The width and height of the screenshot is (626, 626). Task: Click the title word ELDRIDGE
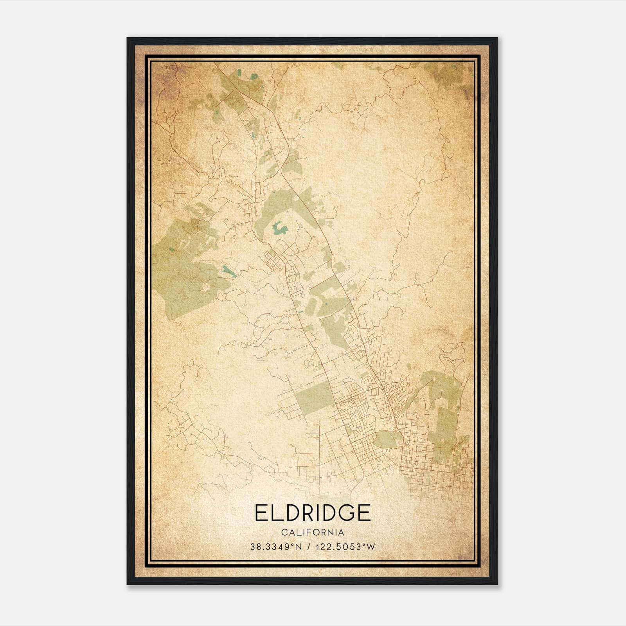313,513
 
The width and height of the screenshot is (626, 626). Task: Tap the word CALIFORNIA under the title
313,532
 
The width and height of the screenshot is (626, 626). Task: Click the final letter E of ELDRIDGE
364,513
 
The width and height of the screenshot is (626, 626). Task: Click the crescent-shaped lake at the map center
279,228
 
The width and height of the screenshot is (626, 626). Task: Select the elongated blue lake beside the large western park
229,271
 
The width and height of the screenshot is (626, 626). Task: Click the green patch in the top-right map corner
454,78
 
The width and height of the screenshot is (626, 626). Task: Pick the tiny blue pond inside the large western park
171,249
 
